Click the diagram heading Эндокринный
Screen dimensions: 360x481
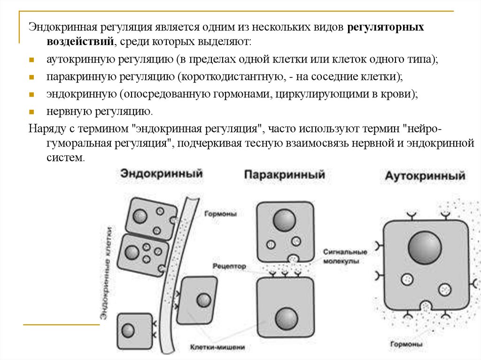pos(161,173)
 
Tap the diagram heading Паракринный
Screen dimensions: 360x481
pos(284,175)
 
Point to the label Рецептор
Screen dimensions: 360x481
pos(229,266)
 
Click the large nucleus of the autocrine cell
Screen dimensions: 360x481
pos(425,247)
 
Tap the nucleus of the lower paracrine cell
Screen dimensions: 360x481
pos(286,319)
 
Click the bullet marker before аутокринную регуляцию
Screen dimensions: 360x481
pos(31,61)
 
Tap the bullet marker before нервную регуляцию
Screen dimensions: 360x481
pos(31,112)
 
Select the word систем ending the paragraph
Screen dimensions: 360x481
pos(64,158)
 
